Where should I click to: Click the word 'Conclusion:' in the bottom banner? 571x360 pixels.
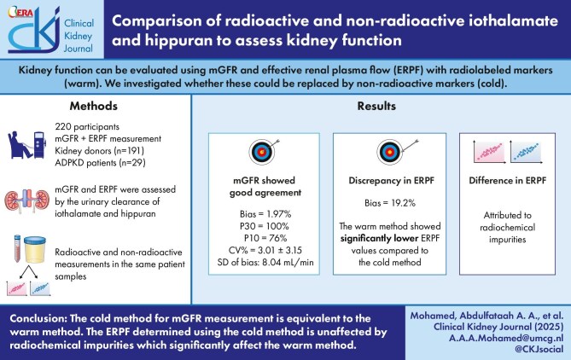coord(42,316)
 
